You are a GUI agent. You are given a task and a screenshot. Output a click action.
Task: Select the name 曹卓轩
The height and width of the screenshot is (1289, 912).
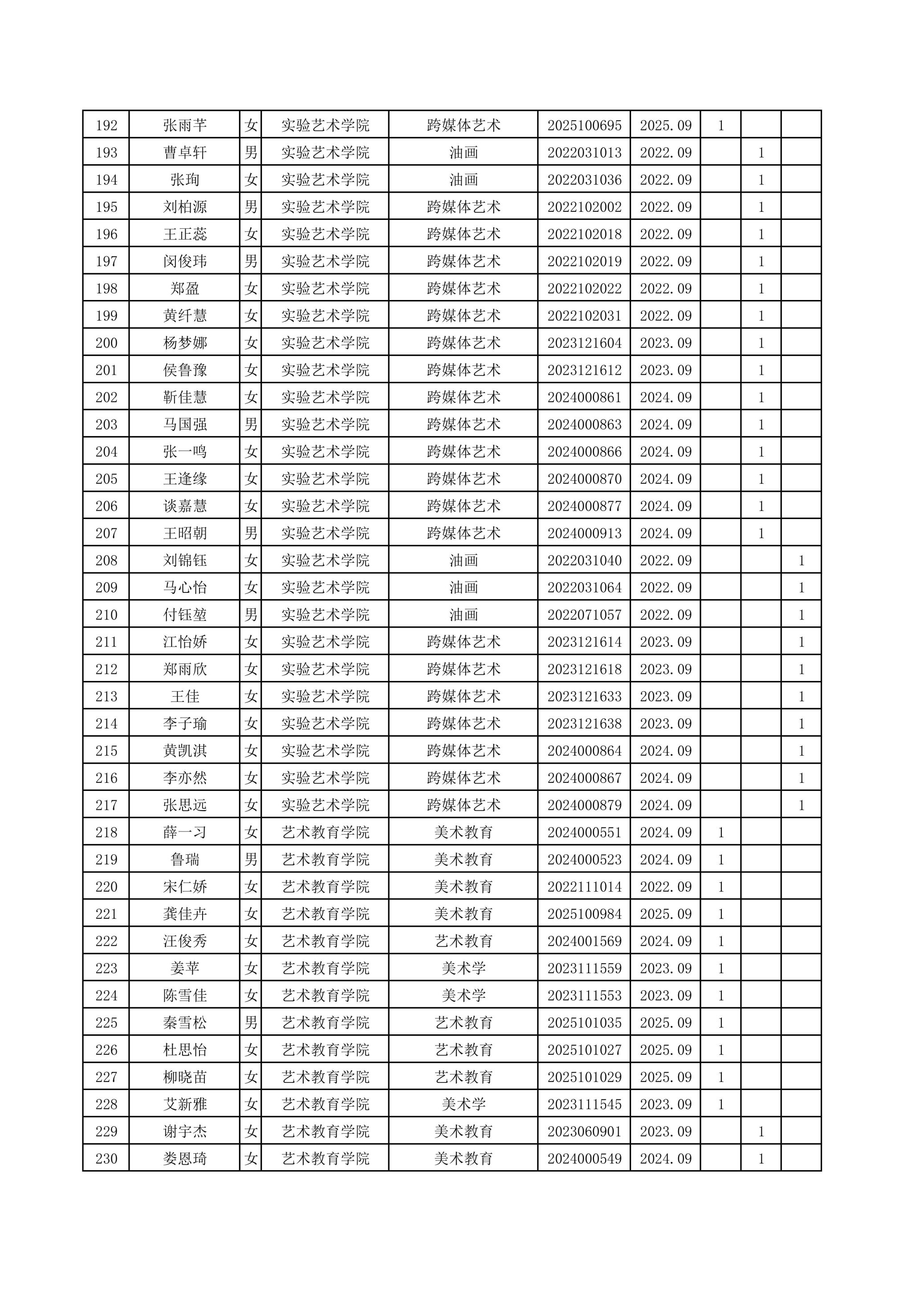click(x=185, y=153)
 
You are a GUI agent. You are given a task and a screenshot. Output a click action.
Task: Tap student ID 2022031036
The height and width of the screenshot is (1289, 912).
click(x=584, y=180)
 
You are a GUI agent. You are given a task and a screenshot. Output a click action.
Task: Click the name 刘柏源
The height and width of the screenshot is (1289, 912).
click(x=185, y=207)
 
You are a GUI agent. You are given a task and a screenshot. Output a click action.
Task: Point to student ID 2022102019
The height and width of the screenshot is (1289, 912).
click(x=584, y=262)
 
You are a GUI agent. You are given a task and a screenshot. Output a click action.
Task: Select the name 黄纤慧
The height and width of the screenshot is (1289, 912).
click(x=185, y=316)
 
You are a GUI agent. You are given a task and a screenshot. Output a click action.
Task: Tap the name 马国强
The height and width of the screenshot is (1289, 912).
click(x=185, y=425)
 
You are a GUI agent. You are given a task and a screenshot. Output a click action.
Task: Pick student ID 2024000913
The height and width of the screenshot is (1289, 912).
click(x=584, y=533)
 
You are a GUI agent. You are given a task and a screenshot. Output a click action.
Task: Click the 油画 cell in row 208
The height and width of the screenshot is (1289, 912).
click(x=463, y=560)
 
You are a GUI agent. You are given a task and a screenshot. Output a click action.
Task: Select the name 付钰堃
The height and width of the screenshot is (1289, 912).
click(x=185, y=615)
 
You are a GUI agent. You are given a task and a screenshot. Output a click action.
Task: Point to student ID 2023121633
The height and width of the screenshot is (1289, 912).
click(x=584, y=697)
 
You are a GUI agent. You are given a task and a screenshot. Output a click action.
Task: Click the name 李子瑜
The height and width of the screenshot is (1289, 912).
click(x=185, y=724)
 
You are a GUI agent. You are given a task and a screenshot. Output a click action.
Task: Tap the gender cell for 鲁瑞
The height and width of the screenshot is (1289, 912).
click(x=251, y=859)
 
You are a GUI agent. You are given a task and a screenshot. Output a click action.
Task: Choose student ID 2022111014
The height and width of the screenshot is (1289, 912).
click(x=584, y=887)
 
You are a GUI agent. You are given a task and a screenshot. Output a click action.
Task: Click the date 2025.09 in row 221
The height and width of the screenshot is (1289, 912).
click(x=665, y=914)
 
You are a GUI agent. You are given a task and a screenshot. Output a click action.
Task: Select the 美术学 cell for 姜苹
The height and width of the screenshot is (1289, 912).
click(x=463, y=969)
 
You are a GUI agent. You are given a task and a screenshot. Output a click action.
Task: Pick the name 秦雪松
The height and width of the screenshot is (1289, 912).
click(x=185, y=1023)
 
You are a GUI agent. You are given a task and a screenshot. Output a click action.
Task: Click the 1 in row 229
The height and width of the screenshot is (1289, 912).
click(x=761, y=1132)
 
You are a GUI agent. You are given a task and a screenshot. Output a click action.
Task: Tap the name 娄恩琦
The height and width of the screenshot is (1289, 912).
click(x=185, y=1159)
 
